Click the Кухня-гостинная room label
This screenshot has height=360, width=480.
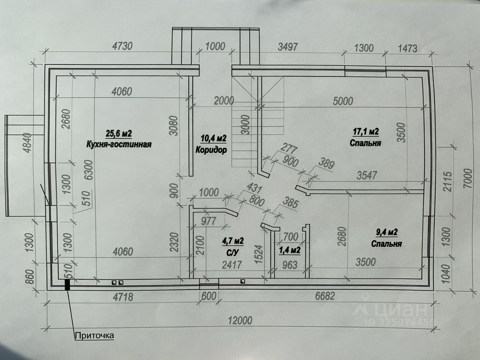pos(119,144)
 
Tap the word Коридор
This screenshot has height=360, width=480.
pos(211,150)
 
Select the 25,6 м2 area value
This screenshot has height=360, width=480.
pos(119,133)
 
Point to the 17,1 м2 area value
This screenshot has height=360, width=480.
pos(366,132)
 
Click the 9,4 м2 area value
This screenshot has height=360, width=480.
pos(386,232)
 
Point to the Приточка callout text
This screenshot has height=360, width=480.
pos(94,335)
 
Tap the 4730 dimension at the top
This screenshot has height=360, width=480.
pos(123,46)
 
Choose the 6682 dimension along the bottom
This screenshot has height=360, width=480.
pos(325,296)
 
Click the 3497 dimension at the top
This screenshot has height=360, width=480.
pos(288,46)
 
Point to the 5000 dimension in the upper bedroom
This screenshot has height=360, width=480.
pos(343,101)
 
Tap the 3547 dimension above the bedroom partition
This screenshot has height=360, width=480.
pos(366,175)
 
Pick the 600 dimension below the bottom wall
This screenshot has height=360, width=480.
pos(208,296)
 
